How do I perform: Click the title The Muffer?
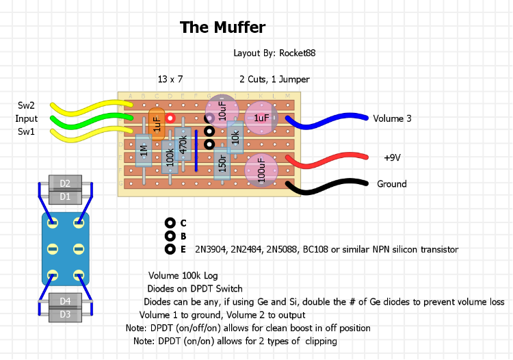[222, 27]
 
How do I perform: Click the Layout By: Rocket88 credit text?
[274, 53]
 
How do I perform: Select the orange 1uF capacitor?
[157, 124]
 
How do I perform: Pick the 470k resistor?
[183, 144]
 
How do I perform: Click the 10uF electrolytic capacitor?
[222, 110]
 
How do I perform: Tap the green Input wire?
[89, 122]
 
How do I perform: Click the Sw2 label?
[27, 105]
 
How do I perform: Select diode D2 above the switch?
[65, 183]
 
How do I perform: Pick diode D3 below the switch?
[65, 314]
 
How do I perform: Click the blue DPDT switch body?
[65, 248]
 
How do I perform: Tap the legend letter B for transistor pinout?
[183, 236]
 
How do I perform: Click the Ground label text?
[391, 183]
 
